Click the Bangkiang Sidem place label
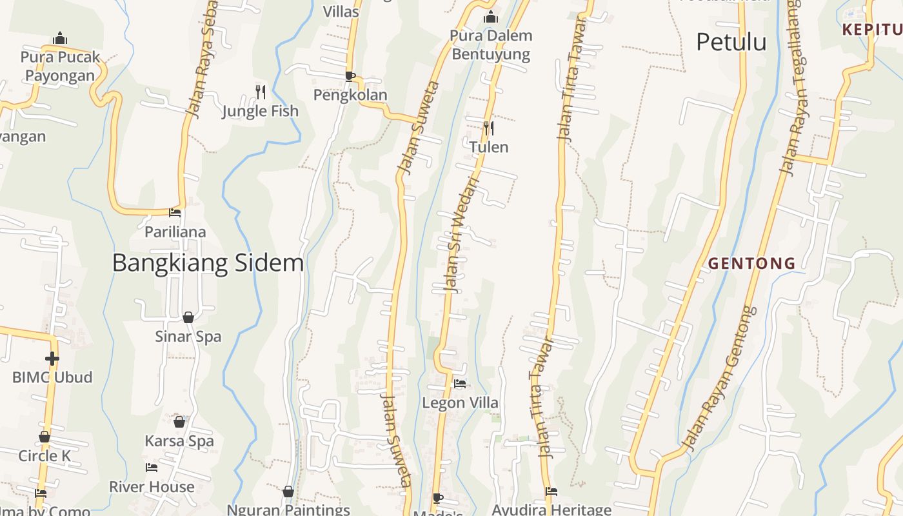[x=208, y=263]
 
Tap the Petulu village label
[x=731, y=43]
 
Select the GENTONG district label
[x=751, y=263]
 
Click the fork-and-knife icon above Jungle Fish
[x=261, y=92]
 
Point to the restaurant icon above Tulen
[x=489, y=128]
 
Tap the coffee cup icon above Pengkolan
[x=350, y=76]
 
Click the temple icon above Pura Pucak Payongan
[x=61, y=38]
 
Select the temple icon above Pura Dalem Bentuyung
[x=491, y=17]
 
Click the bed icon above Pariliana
[x=175, y=212]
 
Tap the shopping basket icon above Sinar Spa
[x=188, y=317]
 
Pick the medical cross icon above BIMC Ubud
[x=52, y=358]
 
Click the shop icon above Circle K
[x=45, y=437]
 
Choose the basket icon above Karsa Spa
[x=179, y=422]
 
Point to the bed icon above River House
[x=152, y=468]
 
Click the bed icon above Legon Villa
[x=460, y=384]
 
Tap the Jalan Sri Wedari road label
[x=461, y=235]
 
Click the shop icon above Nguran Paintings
[x=288, y=491]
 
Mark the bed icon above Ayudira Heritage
[x=551, y=491]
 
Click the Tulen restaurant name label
[x=489, y=147]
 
